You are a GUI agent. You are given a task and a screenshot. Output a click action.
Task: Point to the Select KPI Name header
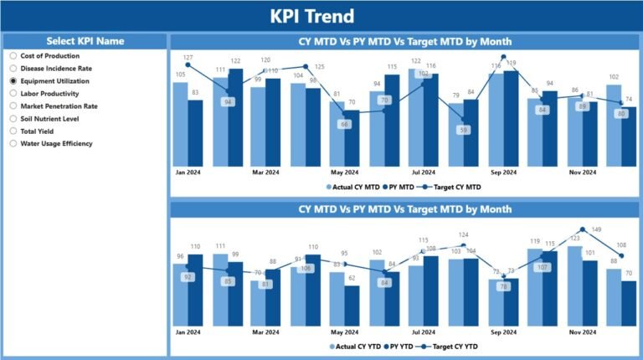(85, 41)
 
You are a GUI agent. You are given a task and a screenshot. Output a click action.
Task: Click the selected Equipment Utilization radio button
(13, 81)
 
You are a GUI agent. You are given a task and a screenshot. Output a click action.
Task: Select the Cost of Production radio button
(13, 56)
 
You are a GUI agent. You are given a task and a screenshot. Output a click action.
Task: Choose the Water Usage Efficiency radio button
(13, 143)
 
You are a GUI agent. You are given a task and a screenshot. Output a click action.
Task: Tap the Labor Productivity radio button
(13, 94)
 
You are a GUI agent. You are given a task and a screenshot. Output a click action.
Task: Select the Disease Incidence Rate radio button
(13, 69)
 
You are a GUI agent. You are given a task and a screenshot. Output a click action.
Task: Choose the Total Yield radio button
(13, 131)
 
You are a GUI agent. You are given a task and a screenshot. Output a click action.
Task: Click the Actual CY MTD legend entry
(352, 187)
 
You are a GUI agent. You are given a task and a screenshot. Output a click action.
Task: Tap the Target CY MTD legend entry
(452, 187)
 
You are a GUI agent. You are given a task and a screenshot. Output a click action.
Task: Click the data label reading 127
(188, 57)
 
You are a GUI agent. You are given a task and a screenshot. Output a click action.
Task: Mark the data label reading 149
(597, 229)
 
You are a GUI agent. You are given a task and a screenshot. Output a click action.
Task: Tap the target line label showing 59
(463, 130)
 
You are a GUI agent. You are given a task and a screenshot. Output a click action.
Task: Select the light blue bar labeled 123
(575, 285)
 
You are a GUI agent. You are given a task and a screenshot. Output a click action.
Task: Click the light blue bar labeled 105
(181, 123)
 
